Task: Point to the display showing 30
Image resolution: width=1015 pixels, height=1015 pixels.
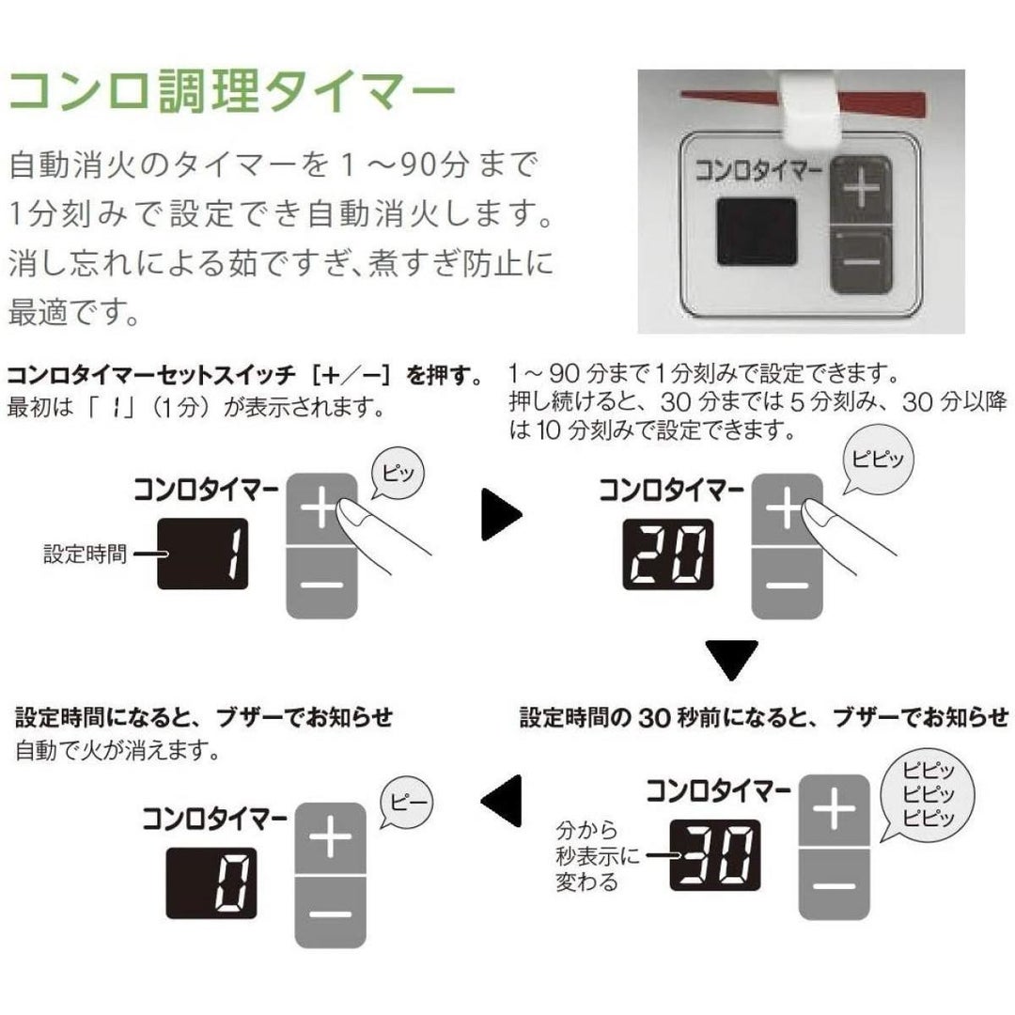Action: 714,855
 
